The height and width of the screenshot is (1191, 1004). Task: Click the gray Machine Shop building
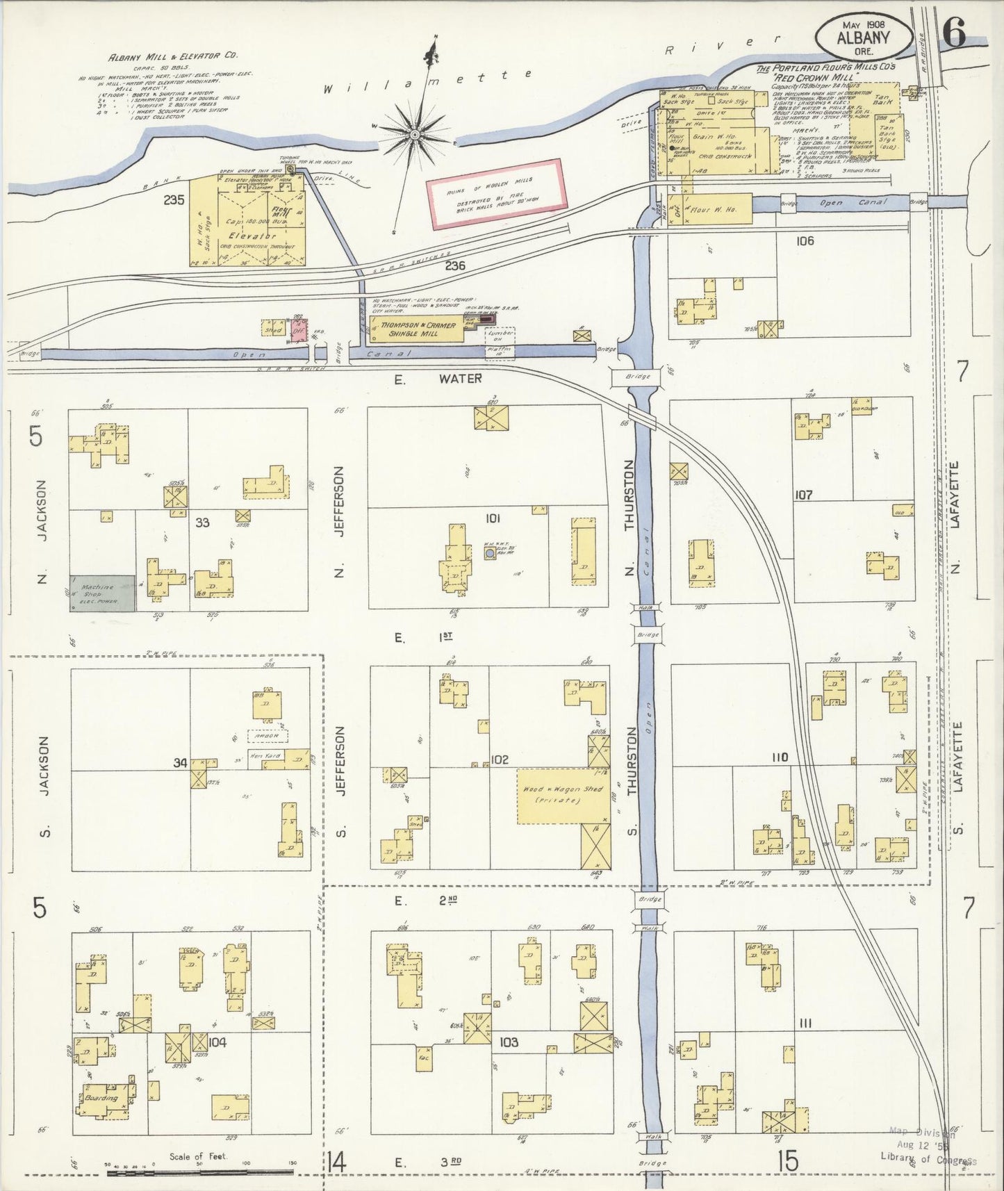pyautogui.click(x=101, y=593)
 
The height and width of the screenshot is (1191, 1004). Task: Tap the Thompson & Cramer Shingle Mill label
pyautogui.click(x=417, y=329)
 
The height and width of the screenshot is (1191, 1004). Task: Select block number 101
pyautogui.click(x=493, y=518)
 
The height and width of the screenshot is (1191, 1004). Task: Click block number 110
pyautogui.click(x=780, y=757)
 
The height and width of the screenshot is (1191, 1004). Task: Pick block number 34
pyautogui.click(x=181, y=763)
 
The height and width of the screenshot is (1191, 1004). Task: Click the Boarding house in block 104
pyautogui.click(x=101, y=1099)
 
